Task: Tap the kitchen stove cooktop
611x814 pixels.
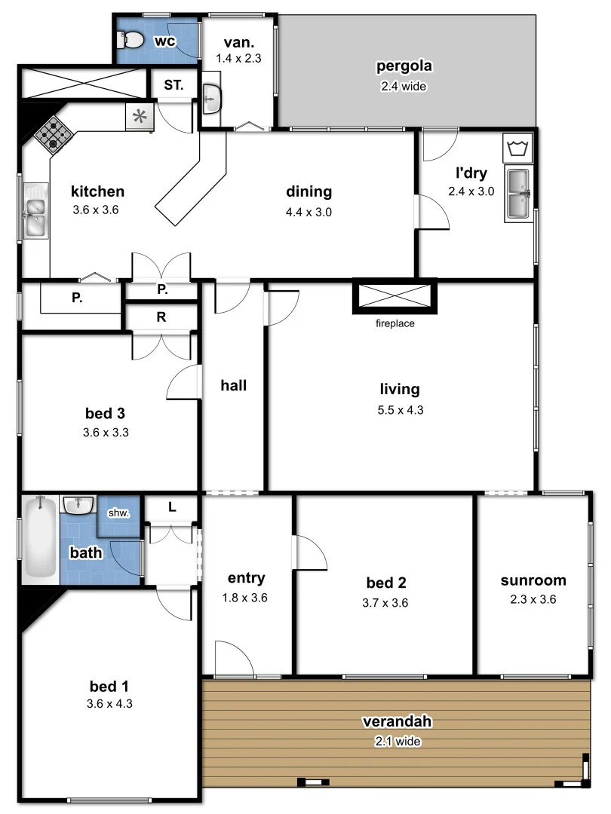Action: click(53, 134)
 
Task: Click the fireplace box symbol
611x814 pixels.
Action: click(395, 296)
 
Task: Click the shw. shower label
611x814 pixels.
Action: click(119, 513)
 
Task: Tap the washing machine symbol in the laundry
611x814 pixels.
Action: click(517, 147)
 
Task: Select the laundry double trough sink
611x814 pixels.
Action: click(517, 194)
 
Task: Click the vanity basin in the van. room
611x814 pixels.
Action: click(212, 99)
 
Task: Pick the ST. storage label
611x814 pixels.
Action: click(173, 85)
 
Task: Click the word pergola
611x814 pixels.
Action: click(404, 66)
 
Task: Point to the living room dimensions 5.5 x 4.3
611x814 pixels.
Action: click(400, 411)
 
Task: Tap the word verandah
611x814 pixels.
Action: click(397, 721)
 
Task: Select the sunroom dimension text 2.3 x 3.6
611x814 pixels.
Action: click(533, 601)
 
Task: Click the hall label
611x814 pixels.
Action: click(234, 385)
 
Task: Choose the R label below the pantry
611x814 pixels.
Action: click(161, 317)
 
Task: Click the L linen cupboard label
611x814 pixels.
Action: click(172, 507)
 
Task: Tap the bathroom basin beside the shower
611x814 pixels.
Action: click(78, 504)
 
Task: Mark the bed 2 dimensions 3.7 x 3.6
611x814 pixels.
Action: click(386, 603)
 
